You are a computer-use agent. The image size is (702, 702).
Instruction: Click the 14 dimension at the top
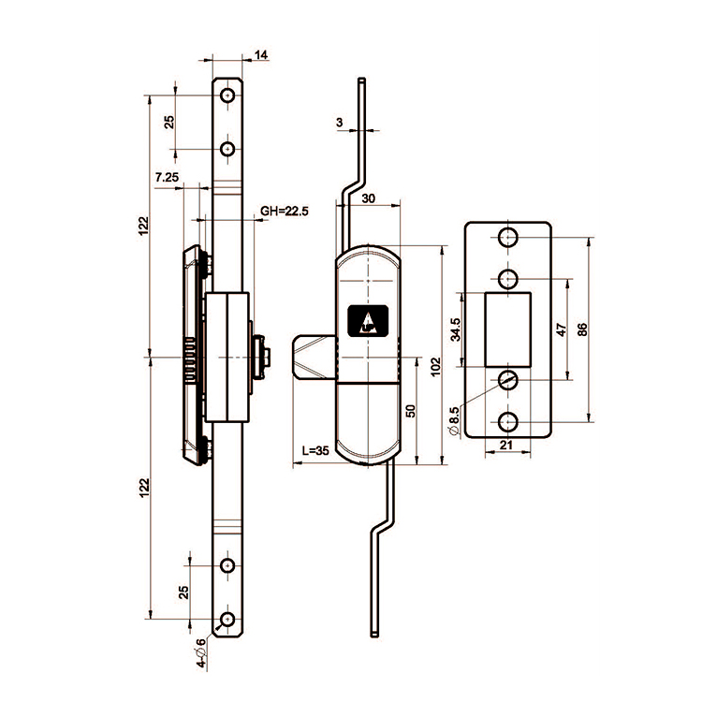tap(261, 56)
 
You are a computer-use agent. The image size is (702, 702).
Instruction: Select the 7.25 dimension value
tap(168, 177)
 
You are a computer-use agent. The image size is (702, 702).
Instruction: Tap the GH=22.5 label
tap(285, 212)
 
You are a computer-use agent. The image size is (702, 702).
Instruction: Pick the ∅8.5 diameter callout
tap(454, 420)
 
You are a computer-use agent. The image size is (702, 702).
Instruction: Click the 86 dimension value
tap(581, 329)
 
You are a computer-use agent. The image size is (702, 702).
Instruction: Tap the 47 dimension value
tap(561, 329)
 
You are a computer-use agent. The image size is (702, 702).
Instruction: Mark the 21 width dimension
tap(505, 446)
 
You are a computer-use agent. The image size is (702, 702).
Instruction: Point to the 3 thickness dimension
tap(339, 123)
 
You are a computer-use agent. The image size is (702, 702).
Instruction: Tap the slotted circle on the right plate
tap(507, 379)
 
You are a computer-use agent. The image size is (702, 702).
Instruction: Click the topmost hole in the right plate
tap(507, 238)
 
